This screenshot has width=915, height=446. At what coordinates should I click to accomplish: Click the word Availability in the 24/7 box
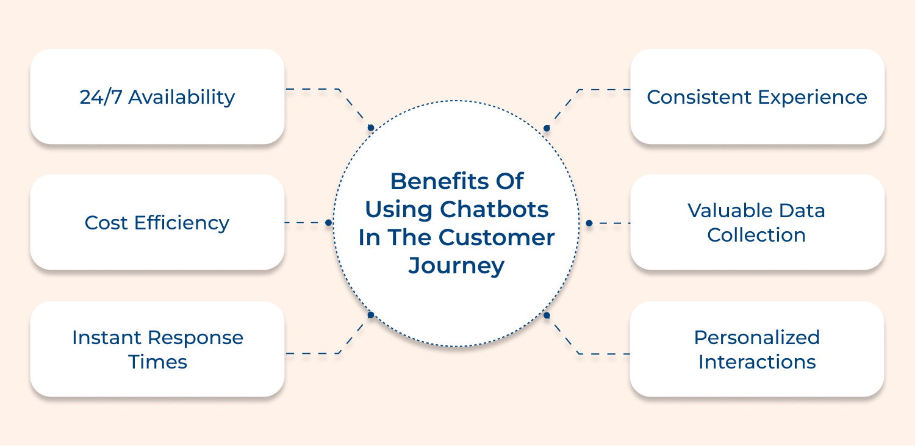coord(182,97)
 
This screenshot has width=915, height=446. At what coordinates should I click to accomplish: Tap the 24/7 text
coord(101,97)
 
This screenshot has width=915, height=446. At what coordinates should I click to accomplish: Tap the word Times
coord(157,362)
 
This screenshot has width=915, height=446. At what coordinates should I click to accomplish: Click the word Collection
coord(756,235)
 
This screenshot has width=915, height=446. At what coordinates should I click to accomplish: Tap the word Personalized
coord(756,337)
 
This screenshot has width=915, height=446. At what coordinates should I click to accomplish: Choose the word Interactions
coord(756,362)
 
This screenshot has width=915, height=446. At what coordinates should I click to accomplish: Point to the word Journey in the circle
coord(456,265)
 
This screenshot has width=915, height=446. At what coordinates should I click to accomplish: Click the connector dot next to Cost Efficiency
coord(328,223)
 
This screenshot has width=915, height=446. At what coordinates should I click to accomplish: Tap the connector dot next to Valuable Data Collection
coord(589,223)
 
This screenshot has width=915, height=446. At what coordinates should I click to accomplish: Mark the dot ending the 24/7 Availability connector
coord(370,128)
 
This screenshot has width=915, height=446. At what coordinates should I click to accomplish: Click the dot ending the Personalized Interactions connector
coord(547,315)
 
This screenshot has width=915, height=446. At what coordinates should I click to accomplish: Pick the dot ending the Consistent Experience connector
coord(547,128)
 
